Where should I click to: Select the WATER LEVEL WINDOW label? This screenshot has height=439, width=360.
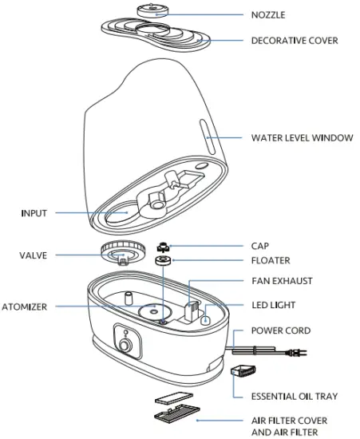[x=302, y=138]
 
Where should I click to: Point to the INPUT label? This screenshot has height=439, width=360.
[x=34, y=213]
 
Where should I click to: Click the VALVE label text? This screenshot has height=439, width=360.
[x=34, y=256]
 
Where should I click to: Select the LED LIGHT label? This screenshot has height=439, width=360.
[x=274, y=305]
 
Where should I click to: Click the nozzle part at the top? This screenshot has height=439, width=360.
[x=151, y=10]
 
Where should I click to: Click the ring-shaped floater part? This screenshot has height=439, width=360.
[x=163, y=260]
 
